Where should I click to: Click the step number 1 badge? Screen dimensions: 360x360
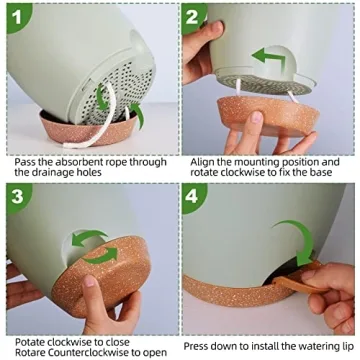click(18, 15)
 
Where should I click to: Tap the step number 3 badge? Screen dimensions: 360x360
click(18, 197)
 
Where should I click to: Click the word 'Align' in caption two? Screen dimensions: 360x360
click(201, 160)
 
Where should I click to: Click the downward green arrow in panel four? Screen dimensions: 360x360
click(299, 240)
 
